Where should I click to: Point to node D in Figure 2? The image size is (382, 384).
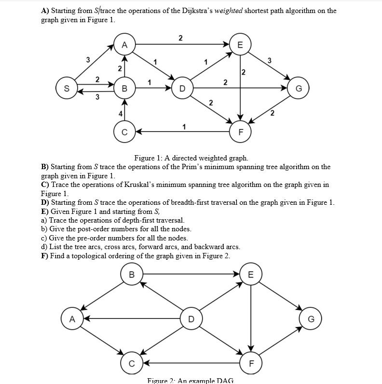coord(191,318)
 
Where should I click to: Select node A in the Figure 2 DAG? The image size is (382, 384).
coord(71,318)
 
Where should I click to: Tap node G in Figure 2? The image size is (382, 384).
coord(311,318)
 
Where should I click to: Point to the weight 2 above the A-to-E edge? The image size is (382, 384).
coord(180,38)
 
